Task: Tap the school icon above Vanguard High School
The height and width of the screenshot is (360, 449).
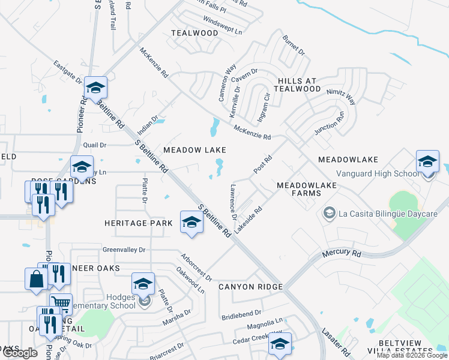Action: pyautogui.click(x=427, y=161)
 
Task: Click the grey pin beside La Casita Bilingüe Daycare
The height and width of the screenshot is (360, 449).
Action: pyautogui.click(x=328, y=213)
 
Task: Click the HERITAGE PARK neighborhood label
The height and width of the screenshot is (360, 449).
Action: pyautogui.click(x=134, y=223)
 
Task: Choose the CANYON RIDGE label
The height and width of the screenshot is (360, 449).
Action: pyautogui.click(x=250, y=287)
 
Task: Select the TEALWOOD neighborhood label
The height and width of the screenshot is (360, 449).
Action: pyautogui.click(x=194, y=33)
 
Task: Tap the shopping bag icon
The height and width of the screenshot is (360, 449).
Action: pyautogui.click(x=35, y=278)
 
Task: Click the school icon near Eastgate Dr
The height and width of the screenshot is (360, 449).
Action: pyautogui.click(x=95, y=88)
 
